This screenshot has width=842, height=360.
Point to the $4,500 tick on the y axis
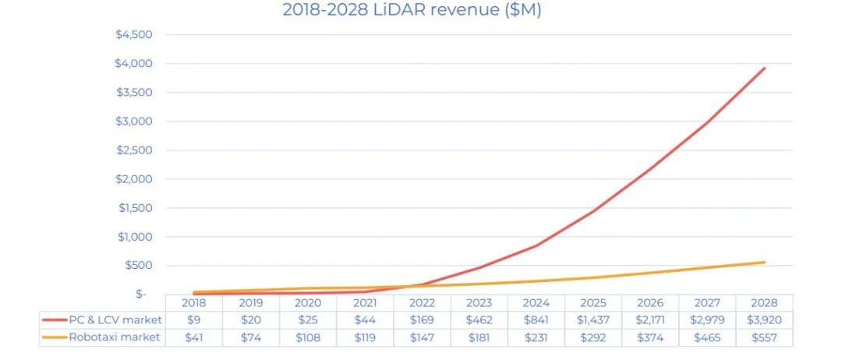coord(134,34)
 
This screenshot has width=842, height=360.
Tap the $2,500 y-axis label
coord(134,150)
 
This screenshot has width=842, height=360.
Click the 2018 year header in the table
coord(193,302)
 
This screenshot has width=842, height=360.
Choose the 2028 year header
coord(764,302)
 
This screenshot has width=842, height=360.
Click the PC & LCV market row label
coord(115,319)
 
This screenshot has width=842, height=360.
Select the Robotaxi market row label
coord(114,337)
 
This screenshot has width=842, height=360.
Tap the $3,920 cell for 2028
coord(764,319)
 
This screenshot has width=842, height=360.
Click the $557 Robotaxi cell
coord(764,337)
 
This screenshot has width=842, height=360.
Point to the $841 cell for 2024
coord(536,319)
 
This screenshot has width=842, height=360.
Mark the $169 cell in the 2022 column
coord(422,319)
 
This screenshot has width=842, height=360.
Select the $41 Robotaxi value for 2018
coord(193,337)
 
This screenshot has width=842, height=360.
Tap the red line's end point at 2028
coord(765,68)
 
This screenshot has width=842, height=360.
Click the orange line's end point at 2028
coord(765,262)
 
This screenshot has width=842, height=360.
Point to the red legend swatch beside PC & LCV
coord(55,319)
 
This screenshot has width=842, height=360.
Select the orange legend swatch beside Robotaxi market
coord(55,337)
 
